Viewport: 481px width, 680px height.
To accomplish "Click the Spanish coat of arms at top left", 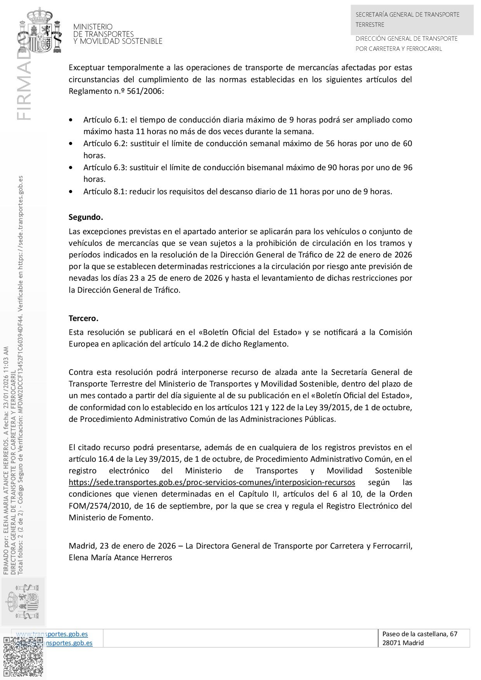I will [40, 31].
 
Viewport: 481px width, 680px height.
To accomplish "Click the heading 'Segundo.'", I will [86, 217].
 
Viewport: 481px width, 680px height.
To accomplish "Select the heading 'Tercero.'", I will [83, 318].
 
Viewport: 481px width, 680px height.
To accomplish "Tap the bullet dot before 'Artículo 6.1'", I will [70, 120].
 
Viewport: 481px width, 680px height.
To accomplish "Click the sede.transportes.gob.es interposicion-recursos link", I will [212, 483].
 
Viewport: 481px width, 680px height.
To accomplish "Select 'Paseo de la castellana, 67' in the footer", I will [420, 634].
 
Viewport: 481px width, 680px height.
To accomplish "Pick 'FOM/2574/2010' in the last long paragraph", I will [92, 506].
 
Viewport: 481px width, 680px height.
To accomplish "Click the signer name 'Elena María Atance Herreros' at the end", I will [120, 558].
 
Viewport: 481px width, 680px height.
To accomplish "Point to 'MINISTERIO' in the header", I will [93, 27].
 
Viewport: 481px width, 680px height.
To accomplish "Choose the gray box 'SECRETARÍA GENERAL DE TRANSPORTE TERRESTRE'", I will [412, 19].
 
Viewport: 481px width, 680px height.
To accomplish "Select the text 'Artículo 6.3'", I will [104, 167].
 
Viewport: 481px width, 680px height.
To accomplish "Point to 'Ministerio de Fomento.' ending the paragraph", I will [111, 518].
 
